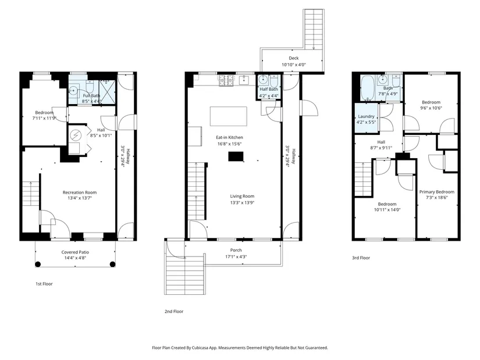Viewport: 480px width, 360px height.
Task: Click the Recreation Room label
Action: [x=80, y=193]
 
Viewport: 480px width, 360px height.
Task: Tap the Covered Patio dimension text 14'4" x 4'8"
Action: [x=75, y=258]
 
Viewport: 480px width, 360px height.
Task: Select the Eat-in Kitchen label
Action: [x=229, y=137]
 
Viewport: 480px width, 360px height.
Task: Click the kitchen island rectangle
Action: [x=229, y=116]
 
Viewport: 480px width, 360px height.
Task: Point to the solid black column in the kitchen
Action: [x=236, y=156]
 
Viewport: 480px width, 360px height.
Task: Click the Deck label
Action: [x=294, y=58]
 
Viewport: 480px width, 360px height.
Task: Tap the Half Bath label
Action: [x=269, y=90]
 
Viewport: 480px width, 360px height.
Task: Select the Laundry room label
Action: [x=366, y=116]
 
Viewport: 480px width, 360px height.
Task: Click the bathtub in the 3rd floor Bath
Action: [x=367, y=88]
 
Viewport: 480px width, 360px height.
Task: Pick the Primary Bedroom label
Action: [x=437, y=192]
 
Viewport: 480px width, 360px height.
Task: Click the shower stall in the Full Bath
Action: [x=108, y=92]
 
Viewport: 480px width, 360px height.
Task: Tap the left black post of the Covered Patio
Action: [x=38, y=264]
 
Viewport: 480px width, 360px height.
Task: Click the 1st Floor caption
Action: [x=44, y=284]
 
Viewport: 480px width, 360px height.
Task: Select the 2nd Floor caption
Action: [x=174, y=312]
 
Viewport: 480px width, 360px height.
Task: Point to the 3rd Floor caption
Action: [x=361, y=258]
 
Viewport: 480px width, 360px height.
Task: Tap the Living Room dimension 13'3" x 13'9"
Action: [x=242, y=202]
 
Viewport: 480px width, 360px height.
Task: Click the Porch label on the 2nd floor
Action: [x=236, y=251]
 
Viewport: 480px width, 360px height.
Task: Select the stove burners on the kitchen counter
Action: [x=226, y=80]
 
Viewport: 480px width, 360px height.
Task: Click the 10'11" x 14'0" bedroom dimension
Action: [x=387, y=210]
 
